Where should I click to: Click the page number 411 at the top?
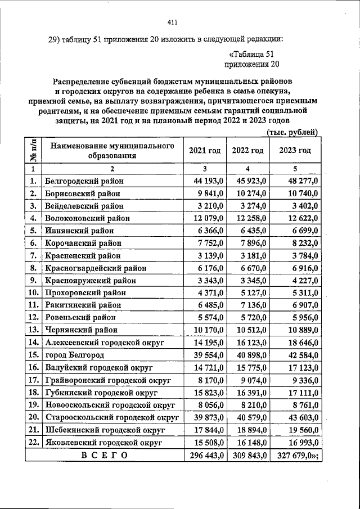coord(172,22)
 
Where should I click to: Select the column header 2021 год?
coord(205,151)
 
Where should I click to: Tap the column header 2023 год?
coord(295,151)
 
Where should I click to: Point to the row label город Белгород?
coord(75,355)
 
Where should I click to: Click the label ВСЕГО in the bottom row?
coord(104,454)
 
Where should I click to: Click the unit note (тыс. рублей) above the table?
coord(291,132)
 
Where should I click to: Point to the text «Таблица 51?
coord(251,54)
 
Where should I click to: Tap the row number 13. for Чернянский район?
coord(33,330)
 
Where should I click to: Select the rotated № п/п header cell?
coord(33,151)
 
